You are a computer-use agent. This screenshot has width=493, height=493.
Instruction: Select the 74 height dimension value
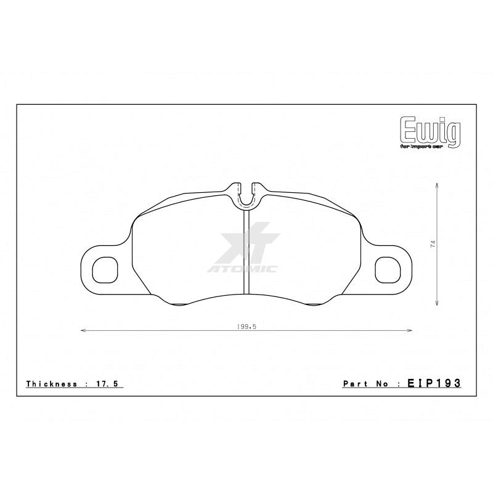pos(433,244)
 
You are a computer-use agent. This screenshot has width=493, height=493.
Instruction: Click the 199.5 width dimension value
pos(246,327)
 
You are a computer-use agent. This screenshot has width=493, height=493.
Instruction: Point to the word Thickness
pos(51,383)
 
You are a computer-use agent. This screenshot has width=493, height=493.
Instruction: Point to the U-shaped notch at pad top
pos(246,195)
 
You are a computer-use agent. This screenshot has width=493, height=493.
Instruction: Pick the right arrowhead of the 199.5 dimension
pos(411,332)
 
